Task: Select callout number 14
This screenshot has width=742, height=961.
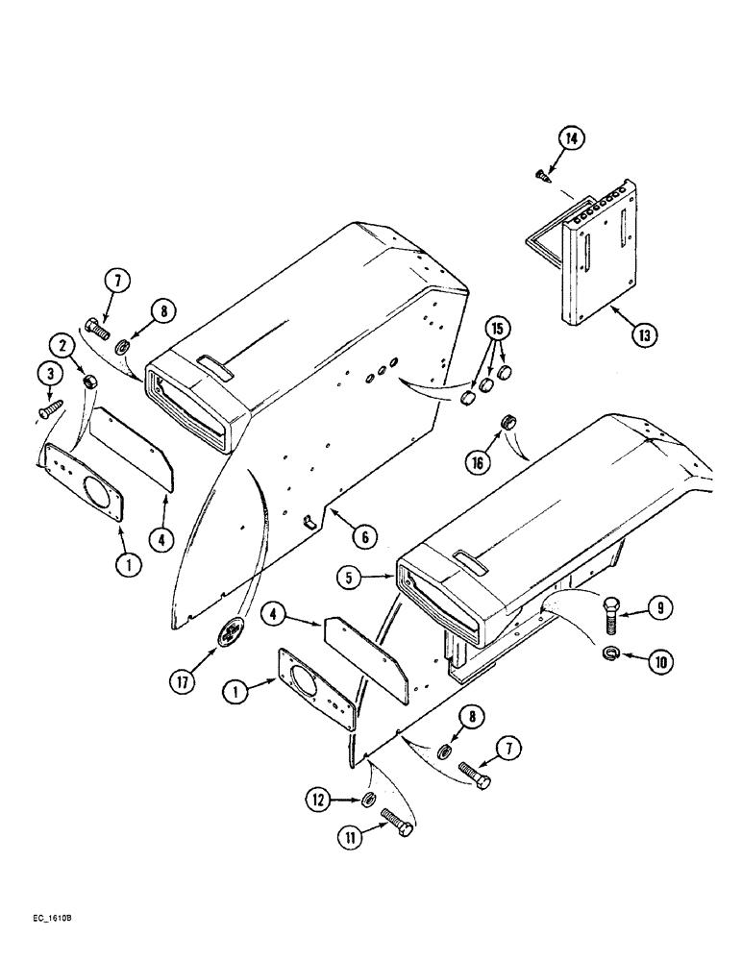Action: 572,139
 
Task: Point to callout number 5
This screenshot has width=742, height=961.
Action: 351,579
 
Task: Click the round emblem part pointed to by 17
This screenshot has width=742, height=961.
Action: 233,633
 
